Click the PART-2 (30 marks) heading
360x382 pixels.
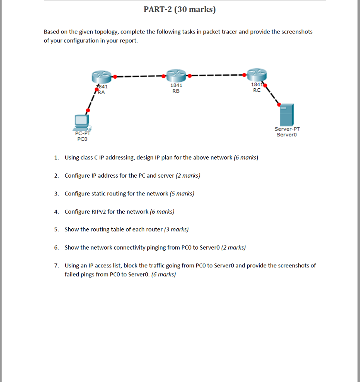click(179, 9)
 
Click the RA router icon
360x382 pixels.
click(101, 76)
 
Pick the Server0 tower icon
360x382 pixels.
click(287, 115)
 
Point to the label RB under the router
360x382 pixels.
click(176, 91)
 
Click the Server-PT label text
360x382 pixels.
click(287, 129)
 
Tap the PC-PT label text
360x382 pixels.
click(82, 133)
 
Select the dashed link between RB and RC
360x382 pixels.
click(216, 75)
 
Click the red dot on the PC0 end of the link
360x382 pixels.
click(88, 110)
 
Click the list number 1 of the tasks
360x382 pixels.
click(56, 158)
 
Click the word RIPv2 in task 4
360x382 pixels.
click(98, 212)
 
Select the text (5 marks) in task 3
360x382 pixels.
click(182, 194)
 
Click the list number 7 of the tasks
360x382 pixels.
click(56, 266)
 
